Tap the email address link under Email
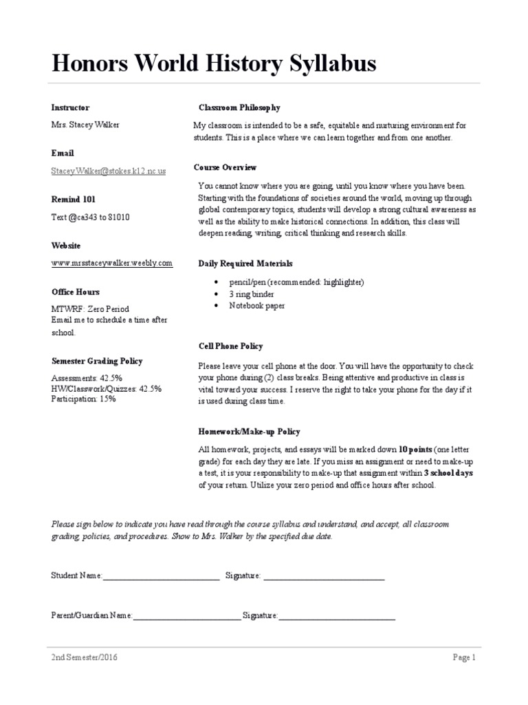coord(109,170)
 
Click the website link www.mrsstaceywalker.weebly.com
coord(112,263)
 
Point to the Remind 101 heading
coord(74,199)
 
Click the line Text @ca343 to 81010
coord(91,217)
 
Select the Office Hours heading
coord(75,292)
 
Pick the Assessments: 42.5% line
coord(87,379)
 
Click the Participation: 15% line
coord(83,399)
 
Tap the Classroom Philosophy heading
coord(239,108)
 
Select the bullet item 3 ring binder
coord(253,294)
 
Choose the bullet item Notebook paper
coord(256,305)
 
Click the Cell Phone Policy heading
coord(230,346)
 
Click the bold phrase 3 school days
coord(449,474)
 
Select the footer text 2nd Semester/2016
coord(85,657)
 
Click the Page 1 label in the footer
coord(464,657)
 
